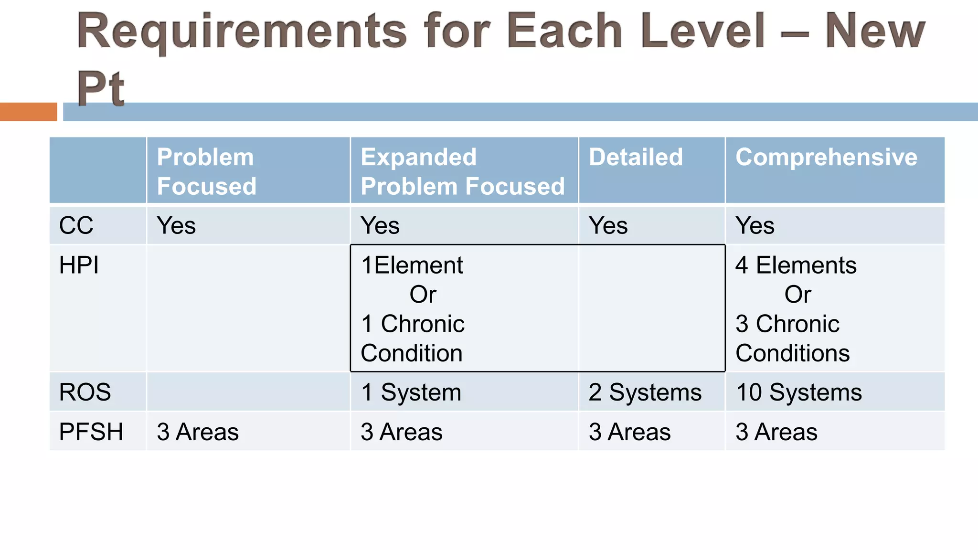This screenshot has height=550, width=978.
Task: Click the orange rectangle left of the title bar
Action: (28, 112)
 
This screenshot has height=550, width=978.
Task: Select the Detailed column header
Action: (636, 157)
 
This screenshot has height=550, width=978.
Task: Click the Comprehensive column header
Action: (826, 157)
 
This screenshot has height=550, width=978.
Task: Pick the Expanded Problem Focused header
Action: (462, 171)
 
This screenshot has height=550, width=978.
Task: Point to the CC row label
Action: (76, 225)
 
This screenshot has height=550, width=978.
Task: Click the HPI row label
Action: (79, 265)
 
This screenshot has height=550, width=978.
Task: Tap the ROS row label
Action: (85, 392)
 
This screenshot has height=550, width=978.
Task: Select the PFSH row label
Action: (91, 432)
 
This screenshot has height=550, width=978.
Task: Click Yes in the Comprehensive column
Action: (755, 225)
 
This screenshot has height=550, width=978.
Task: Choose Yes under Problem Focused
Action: (176, 225)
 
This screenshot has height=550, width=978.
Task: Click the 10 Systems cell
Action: (798, 392)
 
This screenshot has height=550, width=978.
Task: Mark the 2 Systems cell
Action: (645, 392)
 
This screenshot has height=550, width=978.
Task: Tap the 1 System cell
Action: (411, 392)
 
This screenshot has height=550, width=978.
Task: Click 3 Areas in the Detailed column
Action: (629, 432)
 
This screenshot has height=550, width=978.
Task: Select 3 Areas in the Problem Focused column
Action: (198, 432)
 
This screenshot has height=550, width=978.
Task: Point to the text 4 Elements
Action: (796, 265)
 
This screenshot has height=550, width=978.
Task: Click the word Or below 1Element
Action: (423, 295)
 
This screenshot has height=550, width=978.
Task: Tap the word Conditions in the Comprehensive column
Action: (792, 353)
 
